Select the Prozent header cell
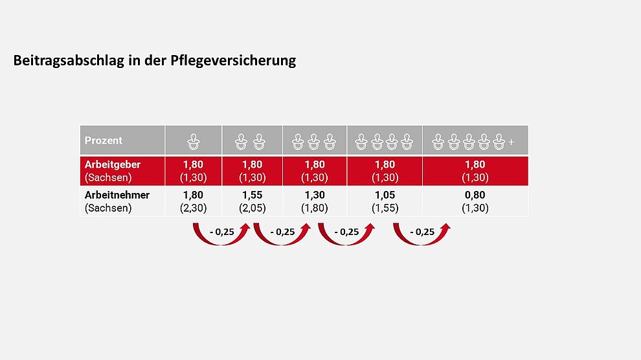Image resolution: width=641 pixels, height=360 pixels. point(104,141)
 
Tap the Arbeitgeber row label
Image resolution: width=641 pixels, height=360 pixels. point(113,164)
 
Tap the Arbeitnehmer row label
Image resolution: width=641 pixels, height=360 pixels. point(117,195)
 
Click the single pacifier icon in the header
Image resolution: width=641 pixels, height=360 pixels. point(193,141)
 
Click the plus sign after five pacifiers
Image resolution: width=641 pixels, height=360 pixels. point(512,142)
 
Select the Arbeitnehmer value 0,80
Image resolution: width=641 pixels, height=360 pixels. point(475,195)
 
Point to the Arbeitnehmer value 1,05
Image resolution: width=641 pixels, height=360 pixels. point(385,195)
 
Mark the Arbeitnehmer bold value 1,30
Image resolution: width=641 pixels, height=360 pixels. point(315,195)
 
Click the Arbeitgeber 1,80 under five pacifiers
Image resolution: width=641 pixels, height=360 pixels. point(475,164)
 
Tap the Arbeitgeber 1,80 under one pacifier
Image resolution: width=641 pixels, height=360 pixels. point(193,164)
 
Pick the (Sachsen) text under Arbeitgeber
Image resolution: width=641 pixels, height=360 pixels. point(108,177)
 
